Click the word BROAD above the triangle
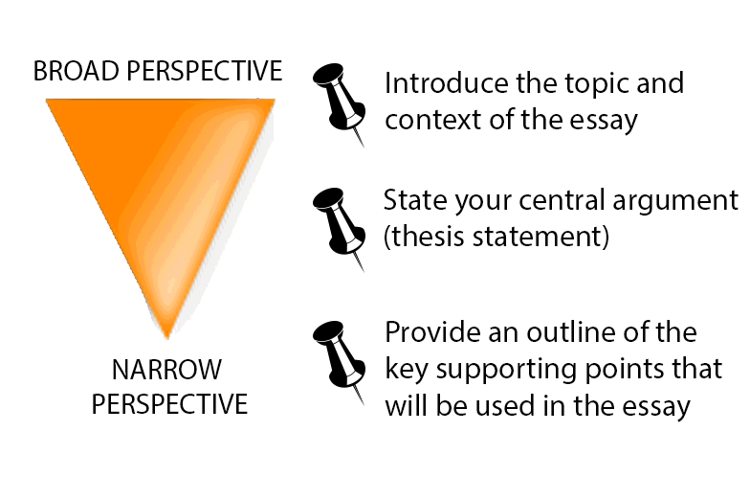click(77, 71)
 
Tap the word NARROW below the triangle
click(166, 370)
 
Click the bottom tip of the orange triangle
click(166, 338)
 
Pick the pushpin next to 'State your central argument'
click(339, 229)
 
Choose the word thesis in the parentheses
click(428, 236)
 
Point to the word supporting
click(507, 370)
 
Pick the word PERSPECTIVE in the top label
click(205, 71)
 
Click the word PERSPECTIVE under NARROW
click(169, 404)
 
